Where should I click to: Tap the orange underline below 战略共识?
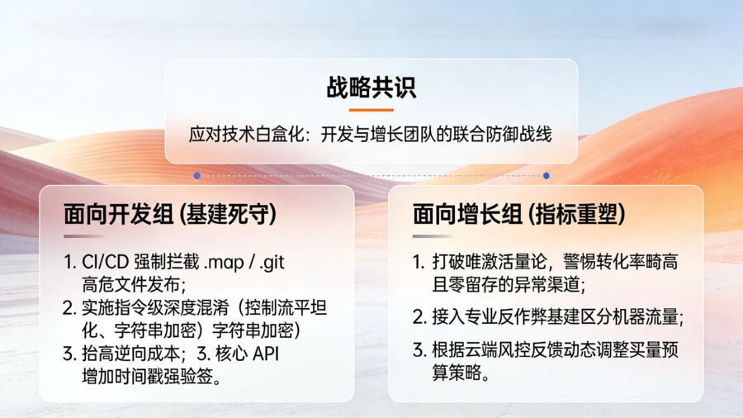[371, 110]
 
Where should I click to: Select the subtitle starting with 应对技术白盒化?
[371, 135]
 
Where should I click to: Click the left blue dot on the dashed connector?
[196, 176]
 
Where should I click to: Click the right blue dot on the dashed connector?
[547, 176]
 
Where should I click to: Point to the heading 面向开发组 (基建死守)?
[170, 214]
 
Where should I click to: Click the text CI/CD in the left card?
[102, 263]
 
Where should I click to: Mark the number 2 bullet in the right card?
[419, 316]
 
